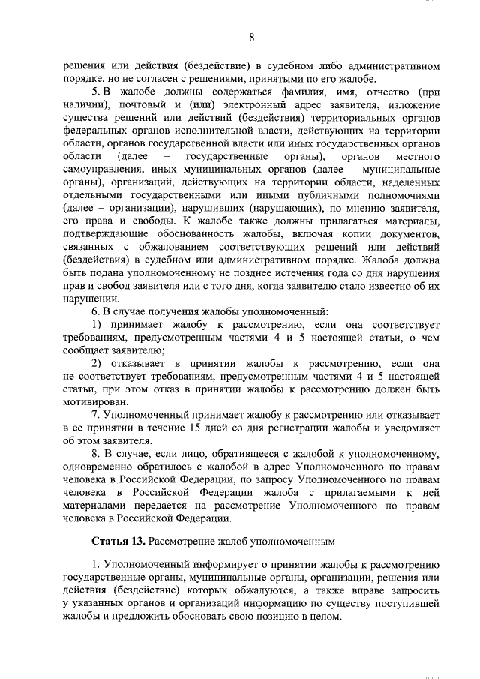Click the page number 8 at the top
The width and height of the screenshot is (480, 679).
[252, 38]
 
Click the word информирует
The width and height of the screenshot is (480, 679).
[208, 565]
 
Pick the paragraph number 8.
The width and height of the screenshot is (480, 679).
[95, 453]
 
